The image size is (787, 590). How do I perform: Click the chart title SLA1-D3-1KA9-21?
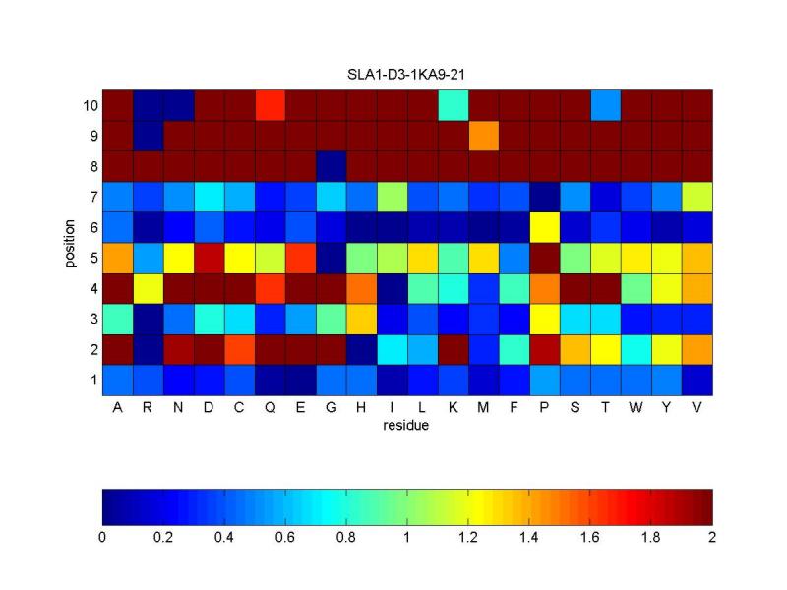coord(408,76)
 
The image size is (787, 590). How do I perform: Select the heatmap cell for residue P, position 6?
coord(544,227)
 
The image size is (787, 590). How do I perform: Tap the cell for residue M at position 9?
coord(483,136)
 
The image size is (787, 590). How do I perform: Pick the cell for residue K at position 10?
coord(453,105)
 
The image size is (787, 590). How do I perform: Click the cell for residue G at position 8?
coord(331,166)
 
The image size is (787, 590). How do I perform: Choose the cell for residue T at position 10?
coord(605,105)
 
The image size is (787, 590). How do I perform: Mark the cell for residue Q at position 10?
coord(270,105)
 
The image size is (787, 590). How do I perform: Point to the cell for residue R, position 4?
coord(148,288)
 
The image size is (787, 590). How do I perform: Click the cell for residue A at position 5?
coord(117,258)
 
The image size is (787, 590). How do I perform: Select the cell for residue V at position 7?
coord(696,197)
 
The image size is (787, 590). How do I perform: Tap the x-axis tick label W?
coord(636,410)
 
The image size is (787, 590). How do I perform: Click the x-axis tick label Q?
coord(270,410)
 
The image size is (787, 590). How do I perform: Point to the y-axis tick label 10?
coord(88,105)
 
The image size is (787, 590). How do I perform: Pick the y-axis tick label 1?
coord(91,380)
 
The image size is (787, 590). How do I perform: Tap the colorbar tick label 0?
coord(102,538)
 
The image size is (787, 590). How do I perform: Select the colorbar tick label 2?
coord(712,538)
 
